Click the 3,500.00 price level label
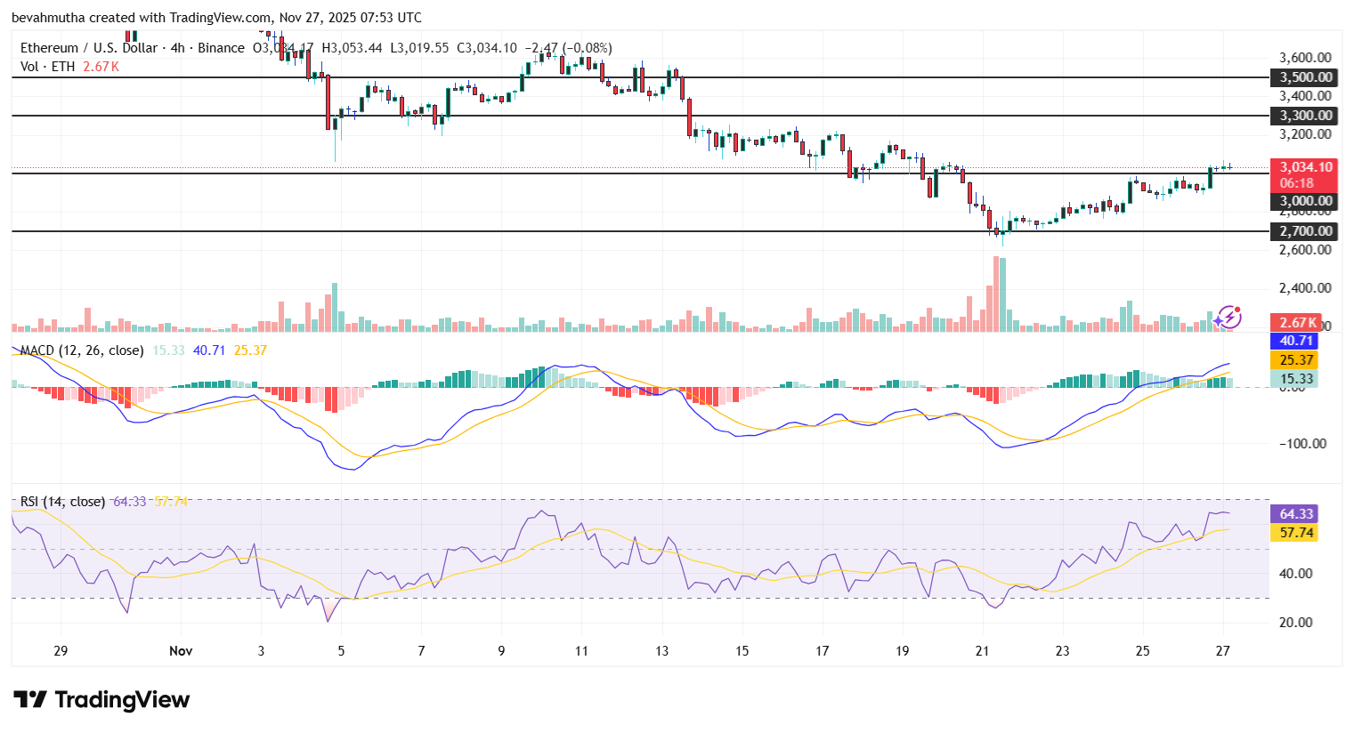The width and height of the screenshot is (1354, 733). [x=1305, y=77]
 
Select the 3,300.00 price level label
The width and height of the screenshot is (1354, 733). [x=1305, y=116]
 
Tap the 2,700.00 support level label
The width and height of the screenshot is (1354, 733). [x=1305, y=231]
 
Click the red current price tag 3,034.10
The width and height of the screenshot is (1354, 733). [x=1305, y=167]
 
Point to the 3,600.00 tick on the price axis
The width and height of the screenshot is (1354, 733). [x=1305, y=58]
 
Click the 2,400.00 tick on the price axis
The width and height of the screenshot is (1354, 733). [x=1305, y=288]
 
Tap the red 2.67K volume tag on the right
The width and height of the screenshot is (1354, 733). [x=1297, y=323]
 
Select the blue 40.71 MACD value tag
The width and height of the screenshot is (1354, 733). [x=1296, y=341]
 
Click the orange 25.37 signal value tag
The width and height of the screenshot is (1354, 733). [x=1296, y=360]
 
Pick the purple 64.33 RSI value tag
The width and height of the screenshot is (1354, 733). [x=1296, y=514]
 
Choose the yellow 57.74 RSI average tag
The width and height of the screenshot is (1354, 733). [x=1296, y=533]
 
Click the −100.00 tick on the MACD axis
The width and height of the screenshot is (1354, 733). [x=1302, y=444]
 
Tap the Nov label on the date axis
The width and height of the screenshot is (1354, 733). [x=181, y=651]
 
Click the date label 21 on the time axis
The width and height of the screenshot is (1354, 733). [x=982, y=651]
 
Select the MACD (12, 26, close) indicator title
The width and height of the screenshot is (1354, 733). [x=81, y=350]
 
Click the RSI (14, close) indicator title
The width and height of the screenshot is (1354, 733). [x=62, y=502]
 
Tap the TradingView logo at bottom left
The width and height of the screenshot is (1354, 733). [x=101, y=700]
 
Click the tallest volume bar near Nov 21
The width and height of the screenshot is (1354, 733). [x=995, y=294]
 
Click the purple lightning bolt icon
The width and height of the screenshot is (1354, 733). [x=1228, y=317]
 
